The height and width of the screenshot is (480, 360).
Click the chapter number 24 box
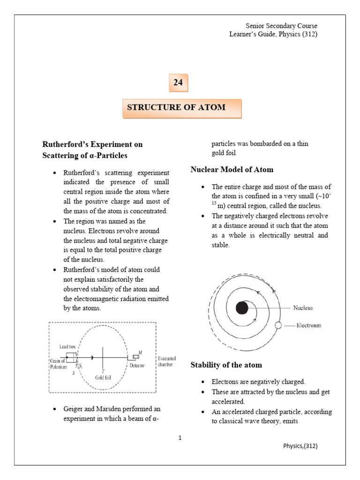point(178,83)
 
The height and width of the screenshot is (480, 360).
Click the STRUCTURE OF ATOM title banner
point(182,108)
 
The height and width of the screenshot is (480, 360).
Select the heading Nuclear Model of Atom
point(232,170)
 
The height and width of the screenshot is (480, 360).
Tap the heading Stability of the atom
point(226,365)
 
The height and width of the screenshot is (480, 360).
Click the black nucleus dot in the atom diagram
point(242,308)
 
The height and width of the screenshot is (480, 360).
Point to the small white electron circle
point(278,325)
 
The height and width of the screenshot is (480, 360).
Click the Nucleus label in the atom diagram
point(303,308)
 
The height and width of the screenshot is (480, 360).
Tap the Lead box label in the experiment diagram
point(67,347)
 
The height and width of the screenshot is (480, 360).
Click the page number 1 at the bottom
point(180,438)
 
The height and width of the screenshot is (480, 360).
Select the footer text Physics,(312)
point(300,446)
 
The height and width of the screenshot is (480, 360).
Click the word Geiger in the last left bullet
point(73,409)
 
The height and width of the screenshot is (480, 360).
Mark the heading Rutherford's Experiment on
point(92,144)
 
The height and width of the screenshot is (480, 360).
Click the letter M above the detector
point(141,352)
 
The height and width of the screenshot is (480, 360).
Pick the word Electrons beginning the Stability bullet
point(225,382)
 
